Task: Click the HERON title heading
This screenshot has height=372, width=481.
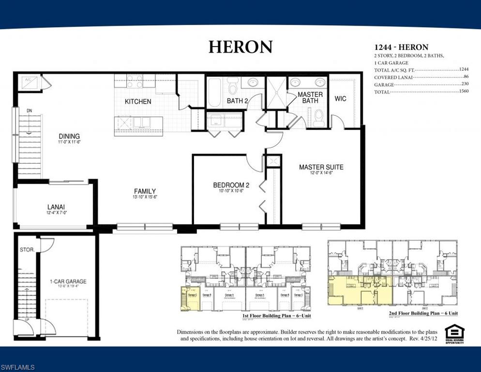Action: pyautogui.click(x=240, y=46)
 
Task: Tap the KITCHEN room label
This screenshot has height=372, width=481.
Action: pyautogui.click(x=138, y=102)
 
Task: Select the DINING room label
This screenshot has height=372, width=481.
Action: pyautogui.click(x=69, y=136)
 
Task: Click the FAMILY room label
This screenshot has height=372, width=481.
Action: pyautogui.click(x=145, y=191)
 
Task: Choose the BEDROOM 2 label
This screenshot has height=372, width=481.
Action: pyautogui.click(x=231, y=185)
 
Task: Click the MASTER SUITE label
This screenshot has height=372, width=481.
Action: pyautogui.click(x=321, y=167)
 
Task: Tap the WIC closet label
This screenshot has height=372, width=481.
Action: pyautogui.click(x=341, y=99)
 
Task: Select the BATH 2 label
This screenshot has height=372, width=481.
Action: pyautogui.click(x=238, y=101)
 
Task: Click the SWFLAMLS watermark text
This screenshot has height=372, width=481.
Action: pyautogui.click(x=18, y=368)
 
